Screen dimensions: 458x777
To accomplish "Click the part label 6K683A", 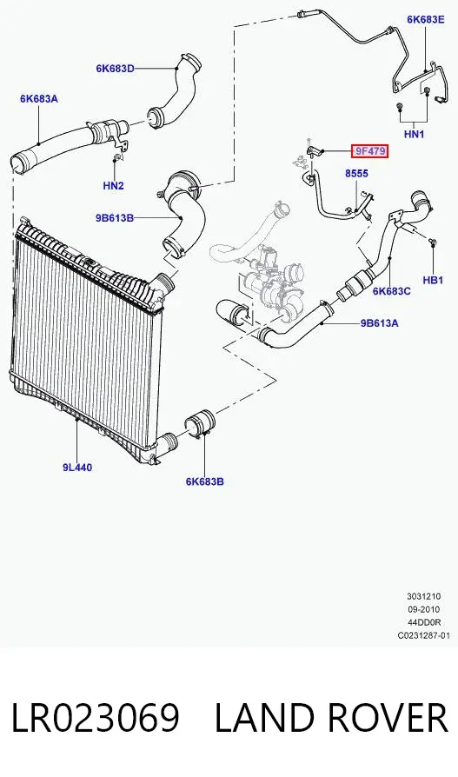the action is (38, 98).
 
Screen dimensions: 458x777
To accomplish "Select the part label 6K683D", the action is (115, 69).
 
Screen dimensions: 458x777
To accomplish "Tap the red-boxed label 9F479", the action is (369, 151).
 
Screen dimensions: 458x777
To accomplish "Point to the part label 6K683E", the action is (425, 19).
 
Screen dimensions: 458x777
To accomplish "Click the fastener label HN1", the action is (414, 134).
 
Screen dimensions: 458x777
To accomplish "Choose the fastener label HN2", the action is (114, 186).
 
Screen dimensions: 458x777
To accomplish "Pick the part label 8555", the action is (356, 174).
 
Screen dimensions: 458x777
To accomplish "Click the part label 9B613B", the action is (115, 217).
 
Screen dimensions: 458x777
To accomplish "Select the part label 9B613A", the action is (379, 323).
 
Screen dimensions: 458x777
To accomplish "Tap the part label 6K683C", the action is (392, 291).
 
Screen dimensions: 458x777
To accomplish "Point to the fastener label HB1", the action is (433, 280).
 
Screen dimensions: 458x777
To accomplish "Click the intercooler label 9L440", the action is (77, 467).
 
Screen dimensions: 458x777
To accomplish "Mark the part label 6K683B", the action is (205, 481).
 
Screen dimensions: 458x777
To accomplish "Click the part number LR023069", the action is (95, 718).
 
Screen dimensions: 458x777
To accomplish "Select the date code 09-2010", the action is (424, 609).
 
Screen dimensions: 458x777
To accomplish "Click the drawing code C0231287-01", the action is (424, 635).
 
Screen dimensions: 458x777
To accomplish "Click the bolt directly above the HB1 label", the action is (433, 242).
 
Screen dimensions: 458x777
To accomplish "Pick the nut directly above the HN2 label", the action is (116, 159).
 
